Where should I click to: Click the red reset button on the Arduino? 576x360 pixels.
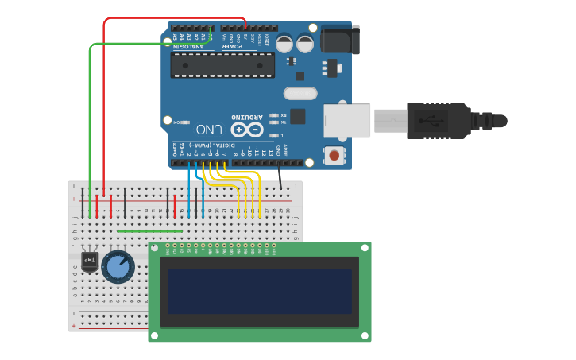coord(337,155)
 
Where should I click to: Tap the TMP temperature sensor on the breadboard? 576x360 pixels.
coord(89,261)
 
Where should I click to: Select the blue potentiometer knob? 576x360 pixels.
coord(118,266)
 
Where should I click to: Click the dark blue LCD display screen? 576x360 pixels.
coord(259,291)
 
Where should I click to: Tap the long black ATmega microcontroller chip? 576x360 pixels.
coord(222,65)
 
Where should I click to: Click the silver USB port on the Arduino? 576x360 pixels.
coord(347,119)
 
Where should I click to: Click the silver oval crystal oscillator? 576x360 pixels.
coord(300,93)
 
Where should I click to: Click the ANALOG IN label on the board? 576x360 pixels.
coord(189,46)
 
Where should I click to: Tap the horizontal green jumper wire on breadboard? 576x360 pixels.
coord(149,231)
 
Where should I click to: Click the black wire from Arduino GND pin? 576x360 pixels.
coord(280,176)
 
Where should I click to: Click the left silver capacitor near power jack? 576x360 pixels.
coord(284,43)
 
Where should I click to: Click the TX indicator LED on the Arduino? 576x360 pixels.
coord(273,122)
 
